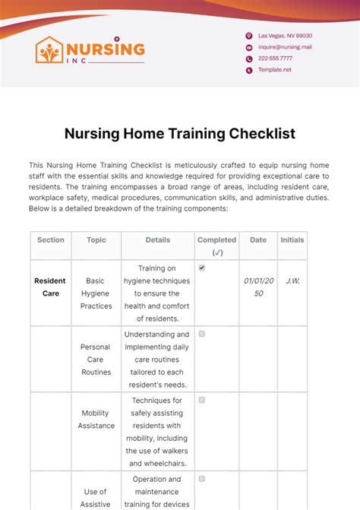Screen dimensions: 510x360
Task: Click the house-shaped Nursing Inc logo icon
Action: coord(49,50)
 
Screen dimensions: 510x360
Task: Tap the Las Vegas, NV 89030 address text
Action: coord(285,36)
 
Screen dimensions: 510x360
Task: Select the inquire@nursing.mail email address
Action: coord(285,47)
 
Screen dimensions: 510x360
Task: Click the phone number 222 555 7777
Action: coord(275,59)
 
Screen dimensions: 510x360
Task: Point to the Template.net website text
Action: coord(274,70)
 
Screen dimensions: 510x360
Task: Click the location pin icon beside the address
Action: coord(248,36)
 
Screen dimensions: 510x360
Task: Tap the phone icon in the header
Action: coord(248,59)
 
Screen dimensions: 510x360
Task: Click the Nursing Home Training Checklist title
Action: coord(180,134)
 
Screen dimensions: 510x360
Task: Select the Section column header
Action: coord(51,240)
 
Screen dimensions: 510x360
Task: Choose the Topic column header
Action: coord(96,240)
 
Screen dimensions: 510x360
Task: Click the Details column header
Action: coord(158,240)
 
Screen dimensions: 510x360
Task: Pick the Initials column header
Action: coord(292,240)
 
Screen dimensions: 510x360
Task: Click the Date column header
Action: coord(258,240)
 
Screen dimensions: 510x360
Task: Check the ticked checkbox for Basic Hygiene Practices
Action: coord(202,268)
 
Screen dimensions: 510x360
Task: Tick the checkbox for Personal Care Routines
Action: coord(202,334)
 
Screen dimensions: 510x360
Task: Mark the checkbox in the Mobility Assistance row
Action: coord(202,400)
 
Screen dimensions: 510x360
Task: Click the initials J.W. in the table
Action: coord(292,281)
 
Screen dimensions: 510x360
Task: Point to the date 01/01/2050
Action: coord(258,287)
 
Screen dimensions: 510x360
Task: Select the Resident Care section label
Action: coord(51,287)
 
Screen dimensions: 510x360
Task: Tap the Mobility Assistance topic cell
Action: coord(96,420)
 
